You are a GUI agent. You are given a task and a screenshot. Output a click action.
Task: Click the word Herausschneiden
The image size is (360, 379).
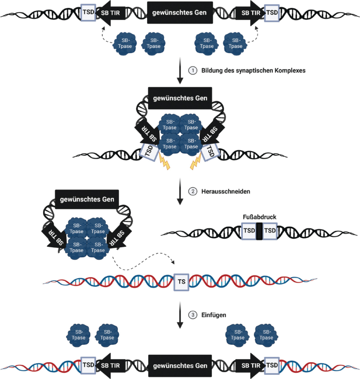(225, 191)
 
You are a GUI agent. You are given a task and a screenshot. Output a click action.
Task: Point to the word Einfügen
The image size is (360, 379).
(214, 315)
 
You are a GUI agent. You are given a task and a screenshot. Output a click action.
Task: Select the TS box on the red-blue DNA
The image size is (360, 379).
(181, 282)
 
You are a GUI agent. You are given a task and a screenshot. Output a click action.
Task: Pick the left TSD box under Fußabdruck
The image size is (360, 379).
(248, 231)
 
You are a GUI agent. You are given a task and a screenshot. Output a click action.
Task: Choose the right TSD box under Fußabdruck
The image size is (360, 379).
(270, 231)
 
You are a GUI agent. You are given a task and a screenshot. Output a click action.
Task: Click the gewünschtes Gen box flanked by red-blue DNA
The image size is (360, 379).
(180, 365)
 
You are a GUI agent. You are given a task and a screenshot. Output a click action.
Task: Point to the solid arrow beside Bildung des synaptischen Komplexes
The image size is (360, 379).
(180, 71)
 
